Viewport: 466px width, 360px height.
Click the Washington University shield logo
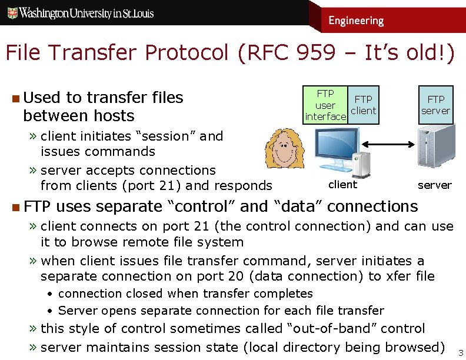tap(11, 12)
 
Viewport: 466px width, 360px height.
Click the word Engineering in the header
tap(356, 21)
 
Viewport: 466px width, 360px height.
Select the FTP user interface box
tap(325, 105)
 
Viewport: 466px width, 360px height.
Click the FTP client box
tap(363, 105)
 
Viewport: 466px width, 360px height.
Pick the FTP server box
tap(435, 105)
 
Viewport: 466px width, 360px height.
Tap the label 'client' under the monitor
tap(342, 185)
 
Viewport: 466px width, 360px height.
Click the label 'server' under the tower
tap(434, 185)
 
